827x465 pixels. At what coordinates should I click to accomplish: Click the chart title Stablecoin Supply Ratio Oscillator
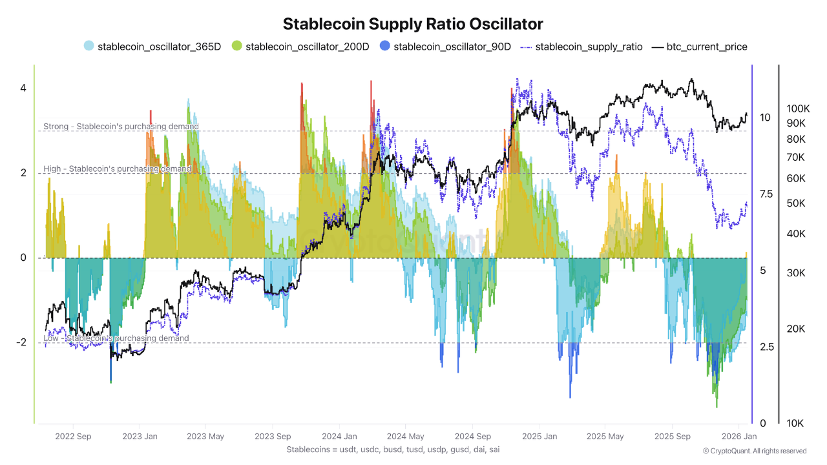[x=413, y=24]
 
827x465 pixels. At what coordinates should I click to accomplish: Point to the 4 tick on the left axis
[x=23, y=88]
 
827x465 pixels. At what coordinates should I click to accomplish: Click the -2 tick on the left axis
[x=20, y=342]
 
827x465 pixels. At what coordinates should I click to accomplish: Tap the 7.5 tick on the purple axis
[x=766, y=194]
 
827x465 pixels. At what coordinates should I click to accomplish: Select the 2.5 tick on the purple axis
[x=766, y=347]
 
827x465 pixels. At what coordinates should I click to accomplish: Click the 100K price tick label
[x=799, y=108]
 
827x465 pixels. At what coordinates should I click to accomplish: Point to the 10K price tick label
[x=795, y=424]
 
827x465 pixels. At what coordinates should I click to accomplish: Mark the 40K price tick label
[x=795, y=233]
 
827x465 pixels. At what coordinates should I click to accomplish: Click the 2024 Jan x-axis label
[x=339, y=437]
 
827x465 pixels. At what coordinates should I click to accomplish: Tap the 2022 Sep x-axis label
[x=74, y=437]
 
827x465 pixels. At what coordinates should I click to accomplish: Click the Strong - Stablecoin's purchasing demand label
[x=121, y=127]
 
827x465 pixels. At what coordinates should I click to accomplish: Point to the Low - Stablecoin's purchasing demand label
[x=116, y=338]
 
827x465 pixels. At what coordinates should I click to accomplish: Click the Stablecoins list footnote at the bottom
[x=393, y=449]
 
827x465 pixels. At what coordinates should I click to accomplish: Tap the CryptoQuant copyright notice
[x=755, y=451]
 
